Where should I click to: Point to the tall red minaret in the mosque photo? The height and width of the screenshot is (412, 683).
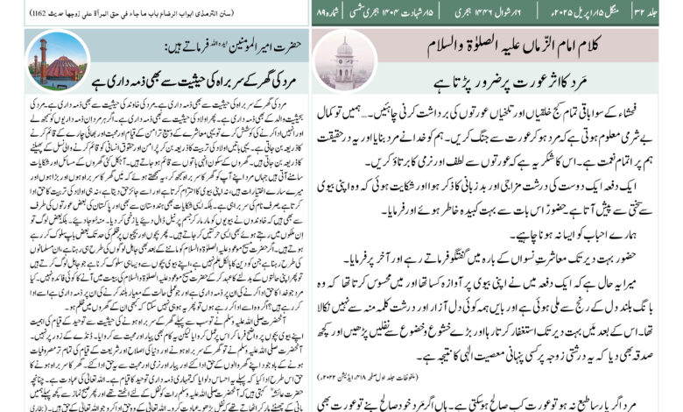(x=40, y=57)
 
